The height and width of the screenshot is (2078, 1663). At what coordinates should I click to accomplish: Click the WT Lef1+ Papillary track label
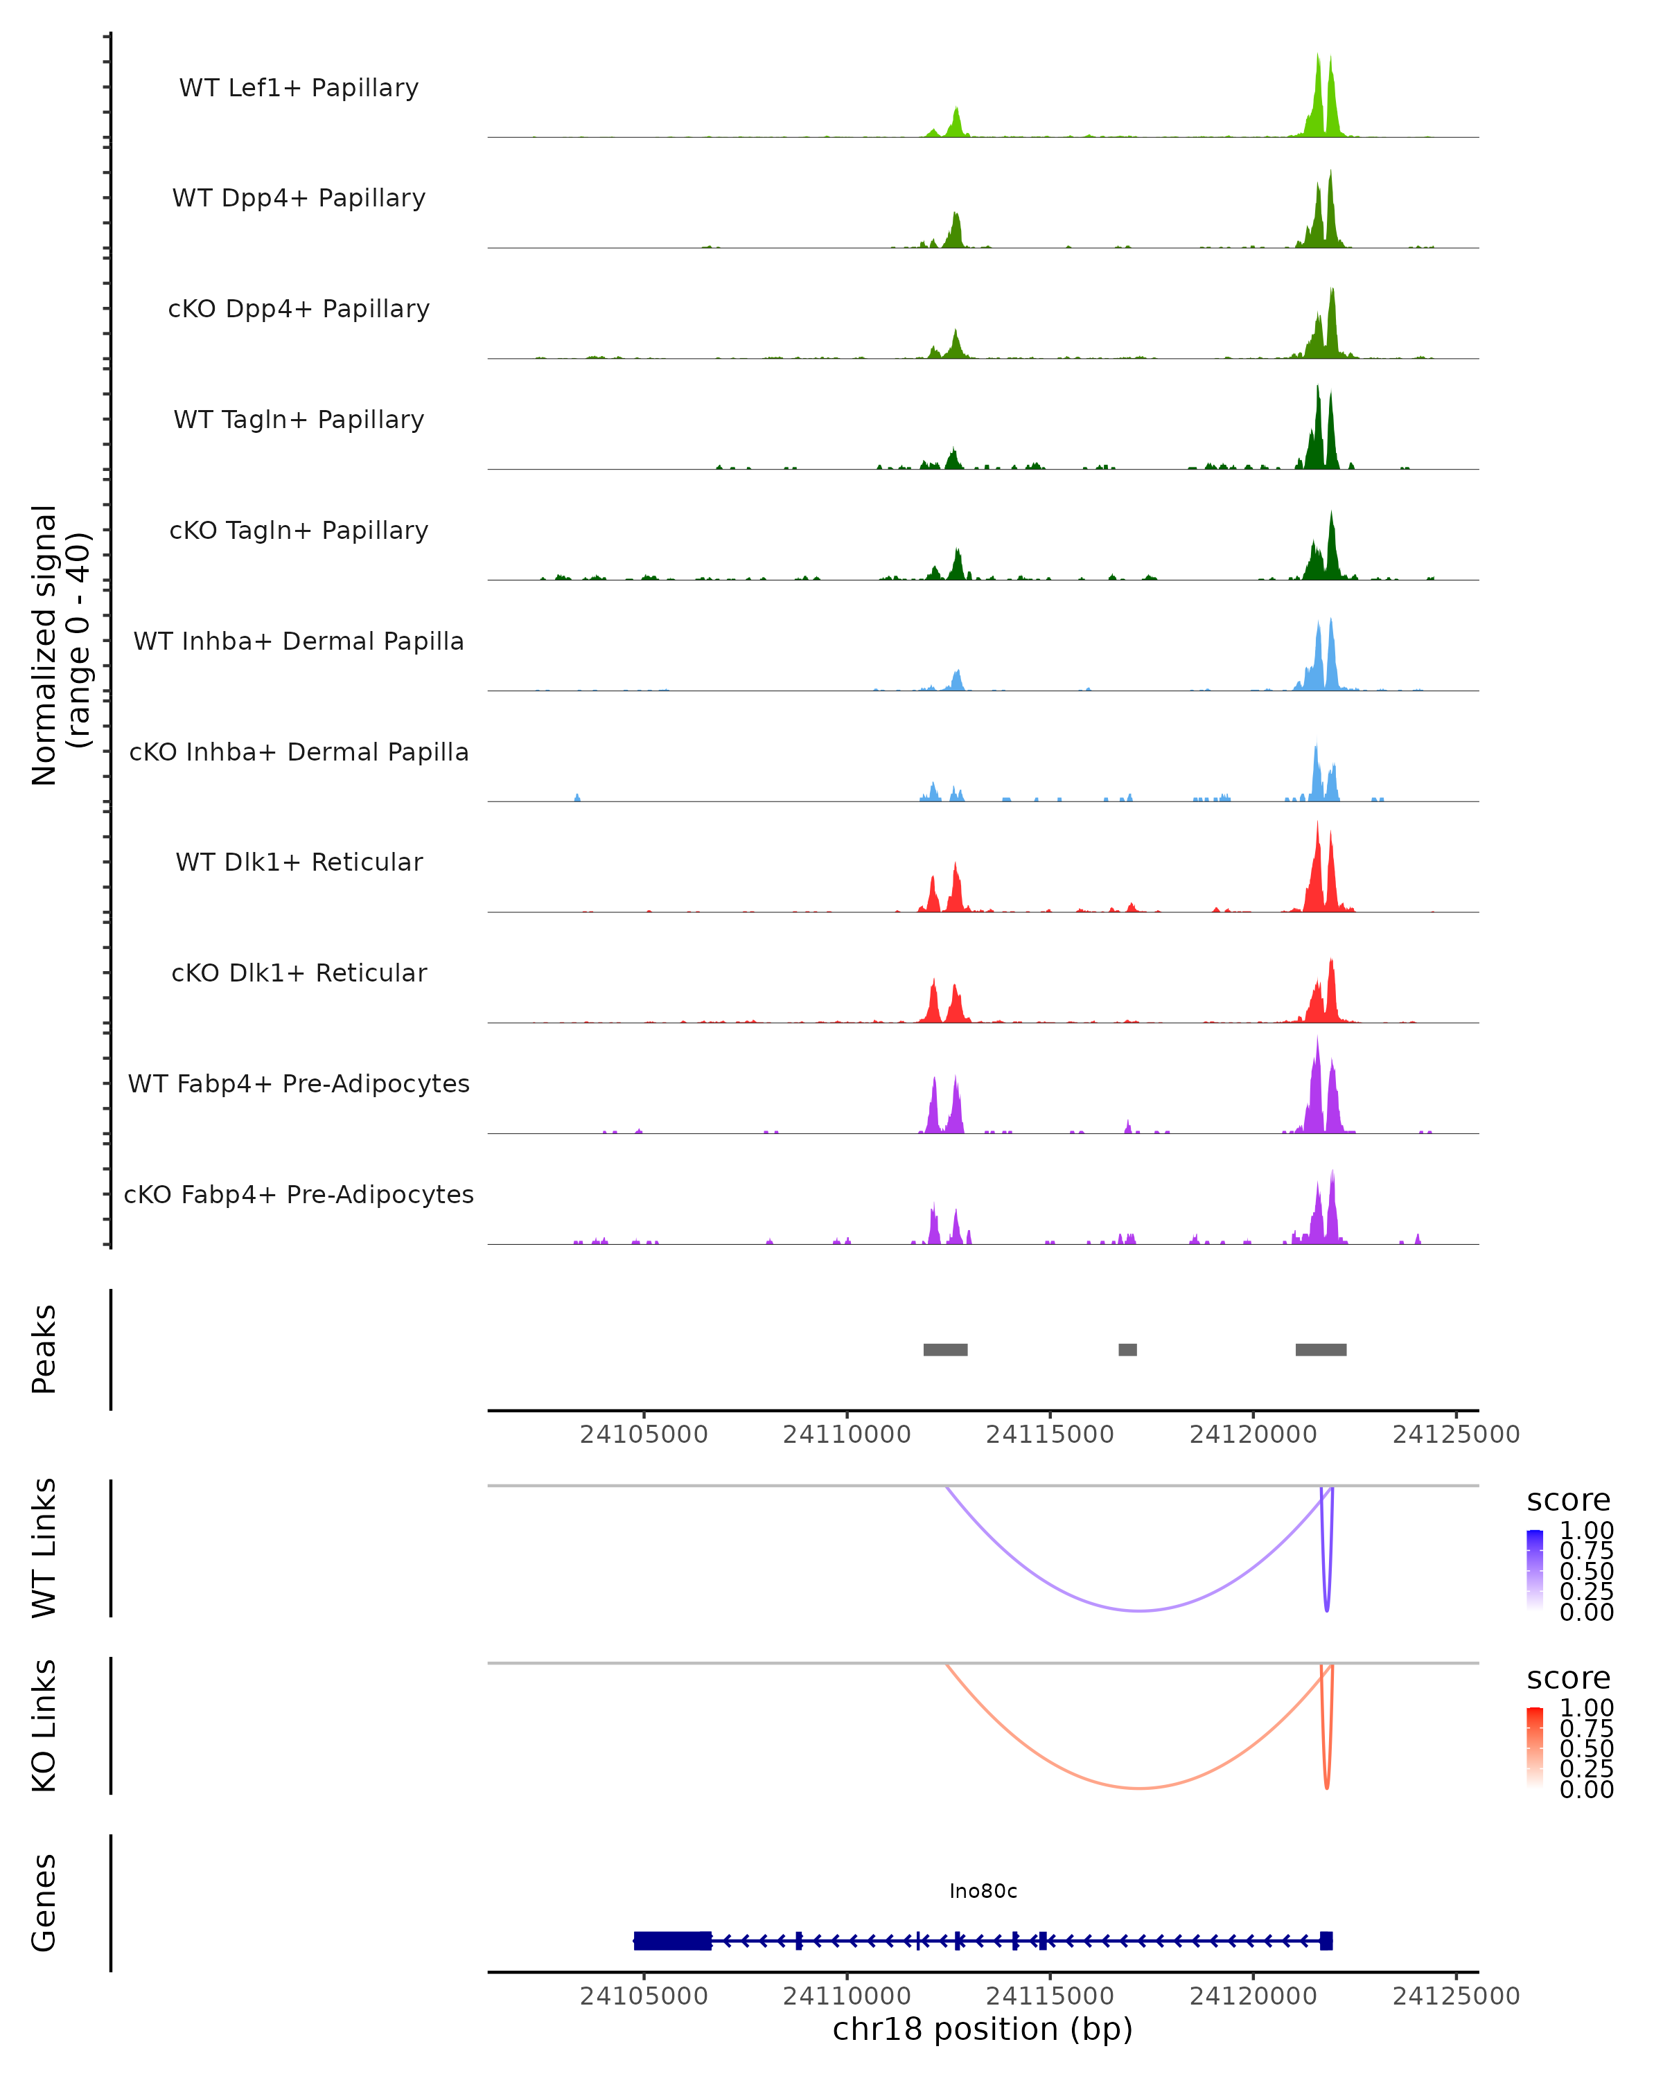(x=299, y=88)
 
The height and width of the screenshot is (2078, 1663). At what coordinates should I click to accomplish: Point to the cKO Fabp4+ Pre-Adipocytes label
(x=299, y=1194)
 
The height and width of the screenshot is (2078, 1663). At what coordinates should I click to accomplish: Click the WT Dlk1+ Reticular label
(x=299, y=862)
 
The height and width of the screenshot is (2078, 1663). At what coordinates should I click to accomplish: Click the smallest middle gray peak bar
(x=1127, y=1349)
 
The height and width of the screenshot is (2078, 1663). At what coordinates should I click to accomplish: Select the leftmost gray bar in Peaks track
(x=944, y=1349)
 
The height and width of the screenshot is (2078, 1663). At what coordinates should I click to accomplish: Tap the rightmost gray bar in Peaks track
(x=1321, y=1349)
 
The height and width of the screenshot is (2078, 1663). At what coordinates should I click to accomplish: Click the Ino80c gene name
(x=983, y=1891)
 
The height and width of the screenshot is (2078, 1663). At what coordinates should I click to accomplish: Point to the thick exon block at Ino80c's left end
(x=672, y=1940)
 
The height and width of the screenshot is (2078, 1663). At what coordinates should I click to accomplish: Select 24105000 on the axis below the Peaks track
(x=644, y=1435)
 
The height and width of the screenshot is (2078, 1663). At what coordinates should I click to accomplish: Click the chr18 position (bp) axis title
(x=983, y=2030)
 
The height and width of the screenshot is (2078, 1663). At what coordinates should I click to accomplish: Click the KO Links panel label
(x=44, y=1726)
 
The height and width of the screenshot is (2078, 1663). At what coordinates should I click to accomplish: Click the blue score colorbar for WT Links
(x=1535, y=1570)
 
